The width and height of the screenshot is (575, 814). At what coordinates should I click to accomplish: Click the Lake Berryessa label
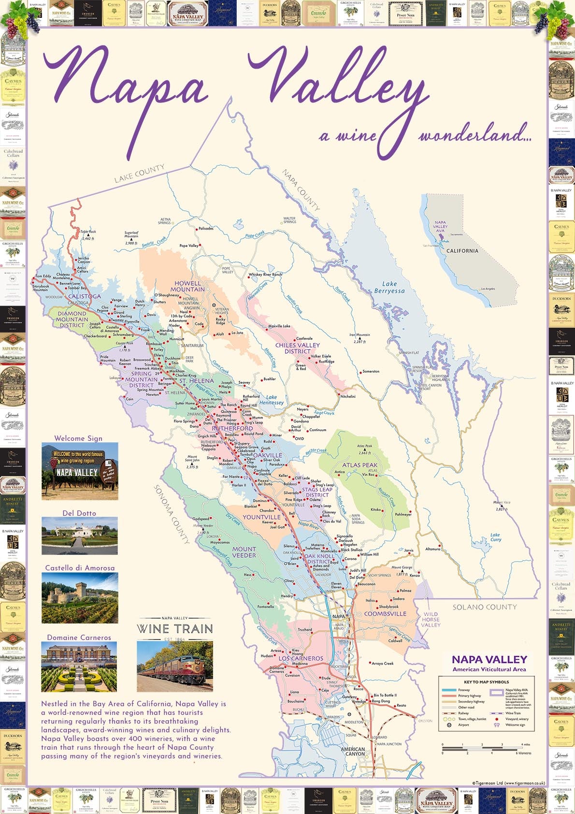click(389, 287)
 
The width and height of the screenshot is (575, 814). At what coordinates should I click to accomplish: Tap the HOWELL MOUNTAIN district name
click(187, 286)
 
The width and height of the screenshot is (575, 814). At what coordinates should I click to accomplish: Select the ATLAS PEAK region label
click(360, 465)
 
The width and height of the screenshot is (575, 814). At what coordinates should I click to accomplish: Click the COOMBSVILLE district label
click(385, 614)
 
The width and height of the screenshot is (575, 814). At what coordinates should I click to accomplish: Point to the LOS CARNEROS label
click(301, 658)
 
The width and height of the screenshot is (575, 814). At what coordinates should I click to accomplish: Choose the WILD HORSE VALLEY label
click(431, 619)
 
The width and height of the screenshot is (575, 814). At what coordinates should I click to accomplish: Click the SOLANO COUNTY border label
click(485, 607)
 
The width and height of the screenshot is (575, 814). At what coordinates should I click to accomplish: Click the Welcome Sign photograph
click(80, 471)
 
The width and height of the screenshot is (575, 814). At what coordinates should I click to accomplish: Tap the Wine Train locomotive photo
click(175, 666)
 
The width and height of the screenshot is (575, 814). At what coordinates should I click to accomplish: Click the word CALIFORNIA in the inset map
click(462, 251)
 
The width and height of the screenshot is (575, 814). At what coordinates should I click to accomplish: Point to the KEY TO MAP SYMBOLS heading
click(486, 682)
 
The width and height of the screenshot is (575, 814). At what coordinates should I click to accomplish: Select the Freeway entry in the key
click(464, 690)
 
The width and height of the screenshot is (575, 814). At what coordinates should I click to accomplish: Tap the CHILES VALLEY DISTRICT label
click(298, 348)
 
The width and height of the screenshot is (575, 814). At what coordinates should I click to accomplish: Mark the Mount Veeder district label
click(244, 552)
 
